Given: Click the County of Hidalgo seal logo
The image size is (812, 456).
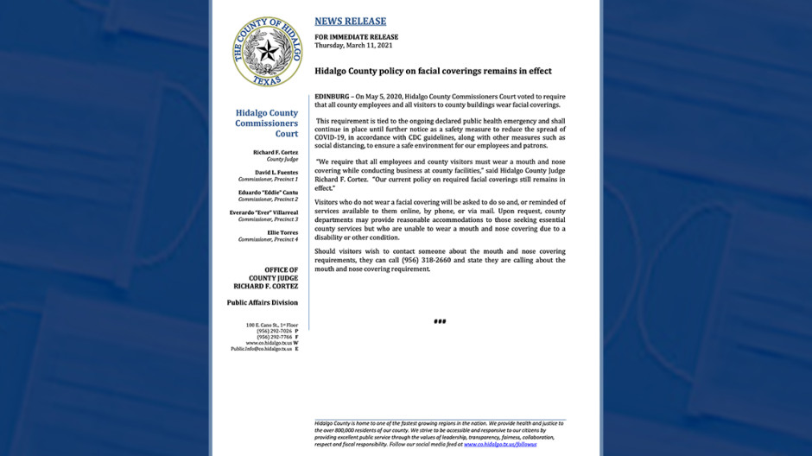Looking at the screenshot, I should (x=267, y=51).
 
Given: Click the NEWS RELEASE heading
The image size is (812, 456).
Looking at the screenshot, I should (x=350, y=21).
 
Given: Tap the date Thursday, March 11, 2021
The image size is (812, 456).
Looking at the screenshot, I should (x=352, y=45).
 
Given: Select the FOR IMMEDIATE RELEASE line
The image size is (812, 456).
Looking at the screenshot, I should (x=356, y=37).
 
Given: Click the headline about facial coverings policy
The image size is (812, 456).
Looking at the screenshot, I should (x=432, y=71).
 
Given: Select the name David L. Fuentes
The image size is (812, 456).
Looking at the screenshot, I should (x=276, y=172).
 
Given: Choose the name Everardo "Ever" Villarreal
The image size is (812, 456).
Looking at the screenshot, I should (x=263, y=212).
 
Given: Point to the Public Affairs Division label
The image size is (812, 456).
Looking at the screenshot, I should (x=262, y=302).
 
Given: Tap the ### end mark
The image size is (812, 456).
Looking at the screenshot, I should (x=440, y=321).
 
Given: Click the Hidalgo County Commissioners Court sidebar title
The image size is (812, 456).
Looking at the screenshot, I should (x=266, y=123).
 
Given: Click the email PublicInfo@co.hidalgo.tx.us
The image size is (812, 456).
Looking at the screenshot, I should (x=262, y=349).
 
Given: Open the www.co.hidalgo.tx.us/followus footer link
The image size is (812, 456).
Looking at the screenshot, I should (x=500, y=444).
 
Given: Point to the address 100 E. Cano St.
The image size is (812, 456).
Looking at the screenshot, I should (x=271, y=325).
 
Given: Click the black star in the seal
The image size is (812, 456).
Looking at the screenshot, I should (x=267, y=50).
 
